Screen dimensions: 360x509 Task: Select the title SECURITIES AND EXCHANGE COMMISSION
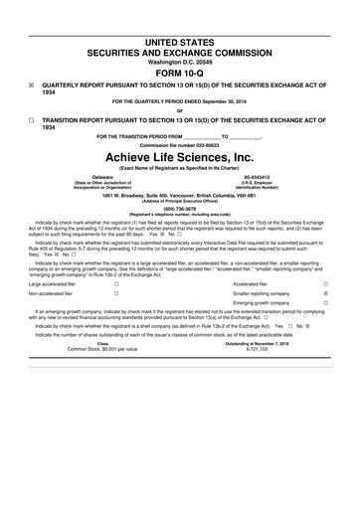click(179, 46)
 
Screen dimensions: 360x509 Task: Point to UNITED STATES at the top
click(179, 34)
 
